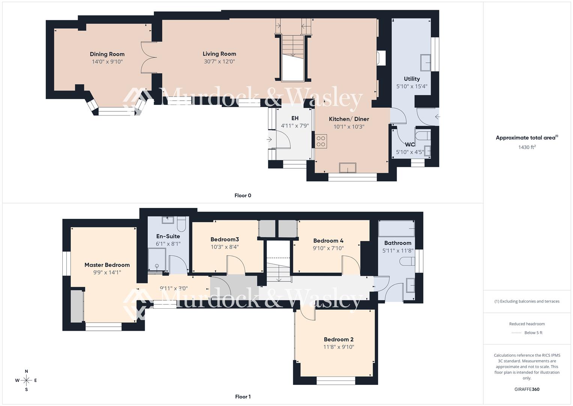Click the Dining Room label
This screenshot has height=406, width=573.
pos(107,54)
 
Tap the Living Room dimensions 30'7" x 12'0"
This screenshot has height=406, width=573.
pos(219,62)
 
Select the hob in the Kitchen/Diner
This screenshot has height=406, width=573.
pos(321,141)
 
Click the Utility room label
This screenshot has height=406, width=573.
pos(412,79)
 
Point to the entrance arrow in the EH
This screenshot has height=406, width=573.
pos(269,139)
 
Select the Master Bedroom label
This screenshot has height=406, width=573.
pos(107,265)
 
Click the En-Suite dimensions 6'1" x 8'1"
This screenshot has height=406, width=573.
pos(168,244)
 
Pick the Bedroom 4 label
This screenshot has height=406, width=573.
pos(328,241)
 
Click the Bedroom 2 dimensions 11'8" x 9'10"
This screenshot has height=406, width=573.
pos(338,347)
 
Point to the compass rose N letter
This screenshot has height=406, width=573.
pos(26,371)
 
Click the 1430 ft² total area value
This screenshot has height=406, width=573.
pos(527,147)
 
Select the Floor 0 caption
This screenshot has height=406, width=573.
pos(243,195)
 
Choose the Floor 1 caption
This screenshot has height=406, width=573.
pos(243,397)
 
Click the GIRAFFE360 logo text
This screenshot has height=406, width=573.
pos(527,389)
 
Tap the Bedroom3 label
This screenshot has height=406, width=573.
pos(224,239)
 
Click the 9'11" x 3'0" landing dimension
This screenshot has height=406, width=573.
pos(174,289)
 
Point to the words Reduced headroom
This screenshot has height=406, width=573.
pos(527,324)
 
